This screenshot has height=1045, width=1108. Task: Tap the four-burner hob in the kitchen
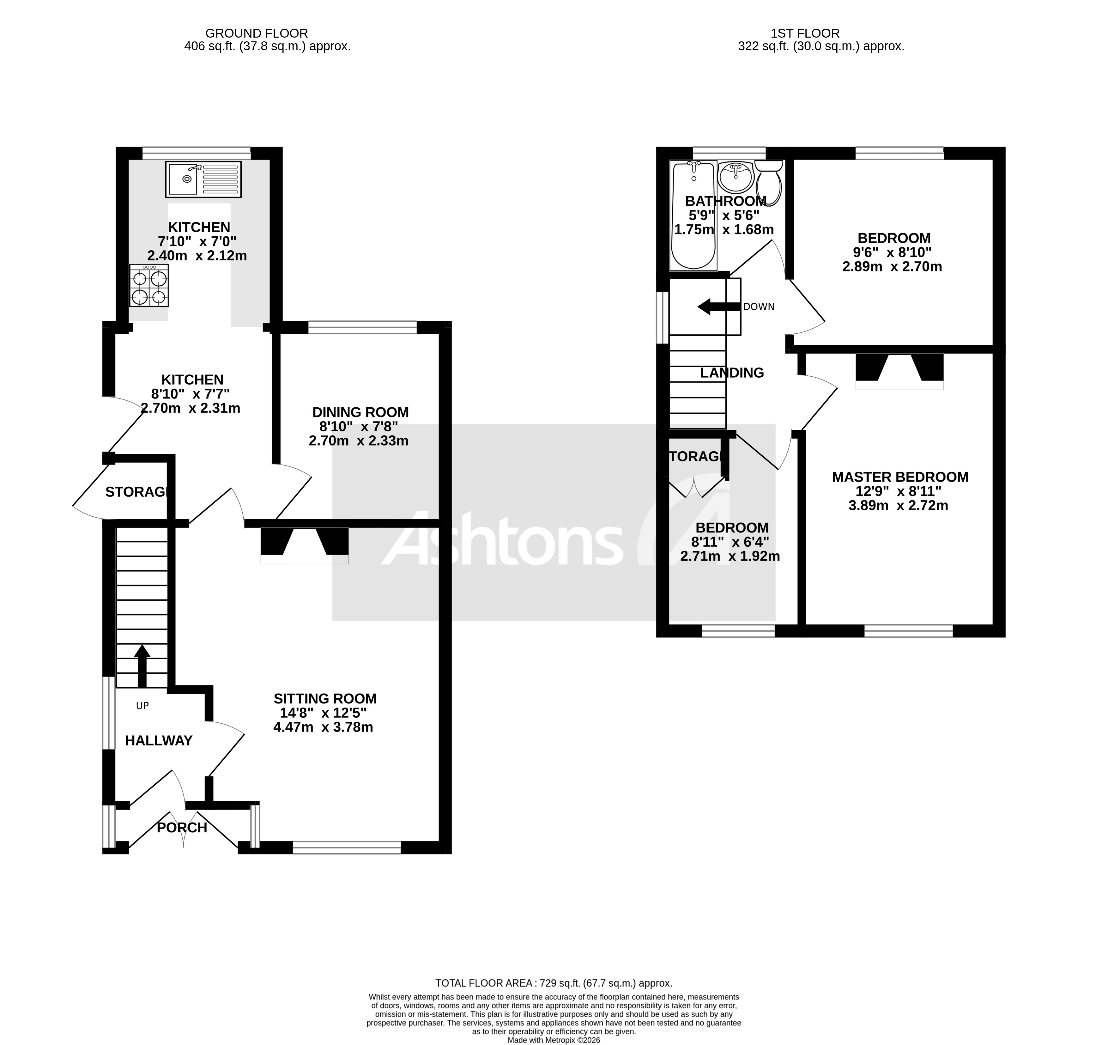[x=149, y=285]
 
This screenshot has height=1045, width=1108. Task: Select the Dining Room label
[x=360, y=412]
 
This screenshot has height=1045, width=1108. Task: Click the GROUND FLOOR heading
[x=256, y=33]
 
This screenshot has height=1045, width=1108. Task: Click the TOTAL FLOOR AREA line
[x=554, y=984]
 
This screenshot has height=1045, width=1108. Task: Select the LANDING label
[x=732, y=373]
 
